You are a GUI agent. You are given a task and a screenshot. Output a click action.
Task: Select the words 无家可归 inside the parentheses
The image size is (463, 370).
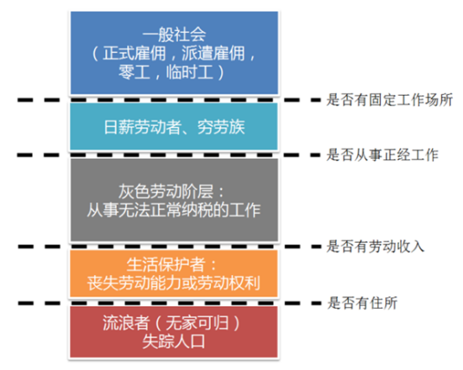(193, 322)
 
